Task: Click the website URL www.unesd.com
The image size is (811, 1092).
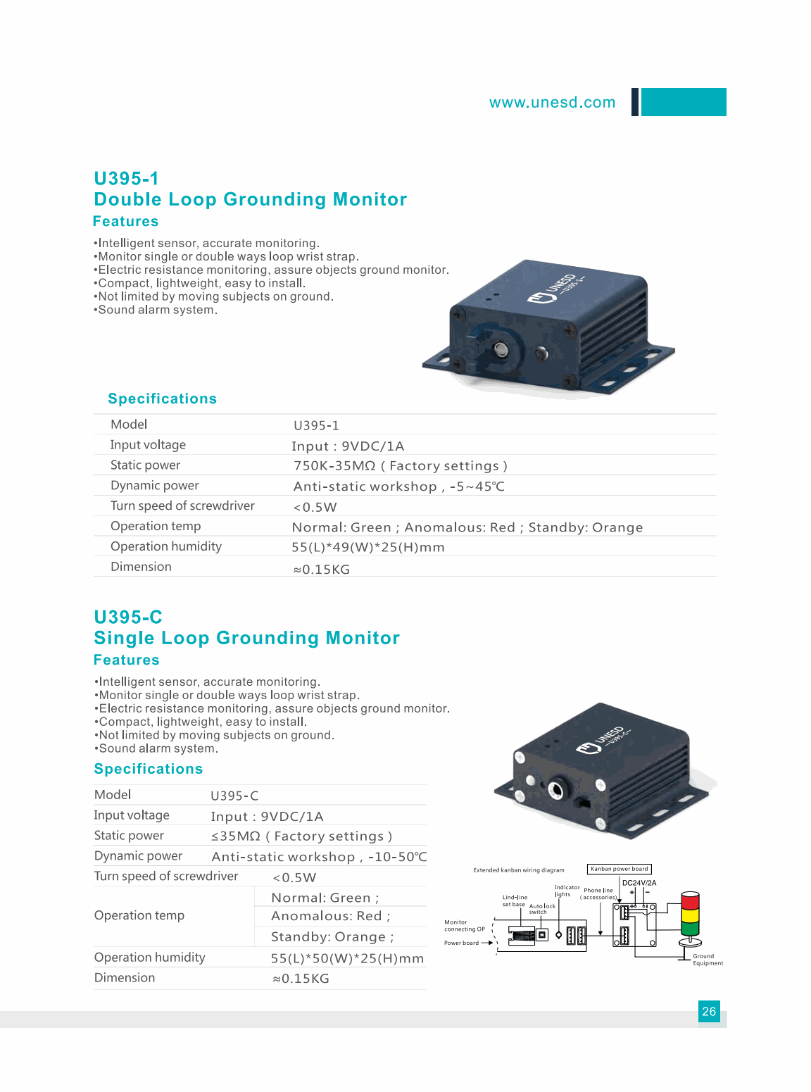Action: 552,103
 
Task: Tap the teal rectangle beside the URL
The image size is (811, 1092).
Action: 683,102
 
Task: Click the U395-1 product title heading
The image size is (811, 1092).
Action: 127,179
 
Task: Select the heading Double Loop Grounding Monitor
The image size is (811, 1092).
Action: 250,200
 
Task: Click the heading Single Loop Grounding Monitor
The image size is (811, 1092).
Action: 246,639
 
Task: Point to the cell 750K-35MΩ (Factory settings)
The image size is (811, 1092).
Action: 400,466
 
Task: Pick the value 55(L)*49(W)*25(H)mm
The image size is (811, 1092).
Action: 367,548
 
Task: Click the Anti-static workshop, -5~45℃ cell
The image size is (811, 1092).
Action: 398,487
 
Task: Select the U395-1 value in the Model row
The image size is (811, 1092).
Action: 316,426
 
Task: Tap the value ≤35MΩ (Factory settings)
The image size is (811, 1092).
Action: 301,836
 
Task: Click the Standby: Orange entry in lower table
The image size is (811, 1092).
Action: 332,937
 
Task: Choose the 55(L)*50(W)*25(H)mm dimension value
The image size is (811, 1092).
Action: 347,959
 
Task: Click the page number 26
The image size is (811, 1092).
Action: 709,1012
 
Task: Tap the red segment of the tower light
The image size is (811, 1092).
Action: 690,900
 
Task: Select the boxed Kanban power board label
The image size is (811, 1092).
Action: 619,869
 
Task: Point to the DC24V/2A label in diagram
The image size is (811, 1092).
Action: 639,883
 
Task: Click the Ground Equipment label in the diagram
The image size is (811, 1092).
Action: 707,960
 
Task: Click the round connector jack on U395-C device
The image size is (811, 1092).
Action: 555,790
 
